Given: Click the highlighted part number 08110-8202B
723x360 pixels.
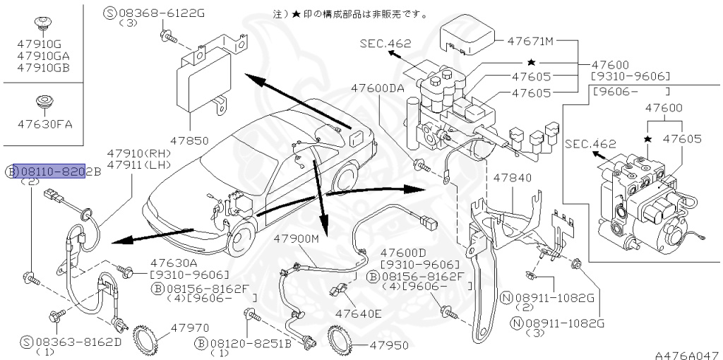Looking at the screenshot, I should (x=49, y=171).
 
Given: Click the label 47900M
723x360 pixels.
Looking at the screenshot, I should (x=297, y=239).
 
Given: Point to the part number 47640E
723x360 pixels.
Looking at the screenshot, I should (x=358, y=313).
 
